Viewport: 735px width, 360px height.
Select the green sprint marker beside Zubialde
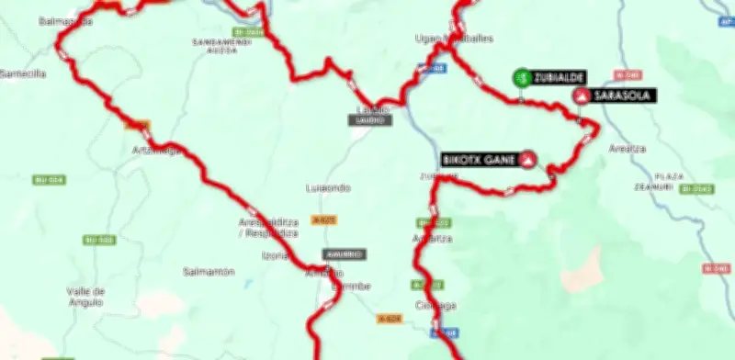pos(521,78)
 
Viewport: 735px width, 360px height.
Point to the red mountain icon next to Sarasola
pos(581,96)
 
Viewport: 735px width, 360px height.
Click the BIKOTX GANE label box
pos(479,158)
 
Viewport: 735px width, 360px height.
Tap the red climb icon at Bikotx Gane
pos(528,159)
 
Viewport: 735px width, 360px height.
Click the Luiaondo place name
pos(328,187)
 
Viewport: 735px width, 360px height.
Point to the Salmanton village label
pos(209,272)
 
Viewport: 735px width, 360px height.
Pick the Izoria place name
pos(276,255)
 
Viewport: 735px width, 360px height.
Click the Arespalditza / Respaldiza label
pos(268,228)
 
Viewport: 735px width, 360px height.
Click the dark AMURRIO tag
pos(343,254)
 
